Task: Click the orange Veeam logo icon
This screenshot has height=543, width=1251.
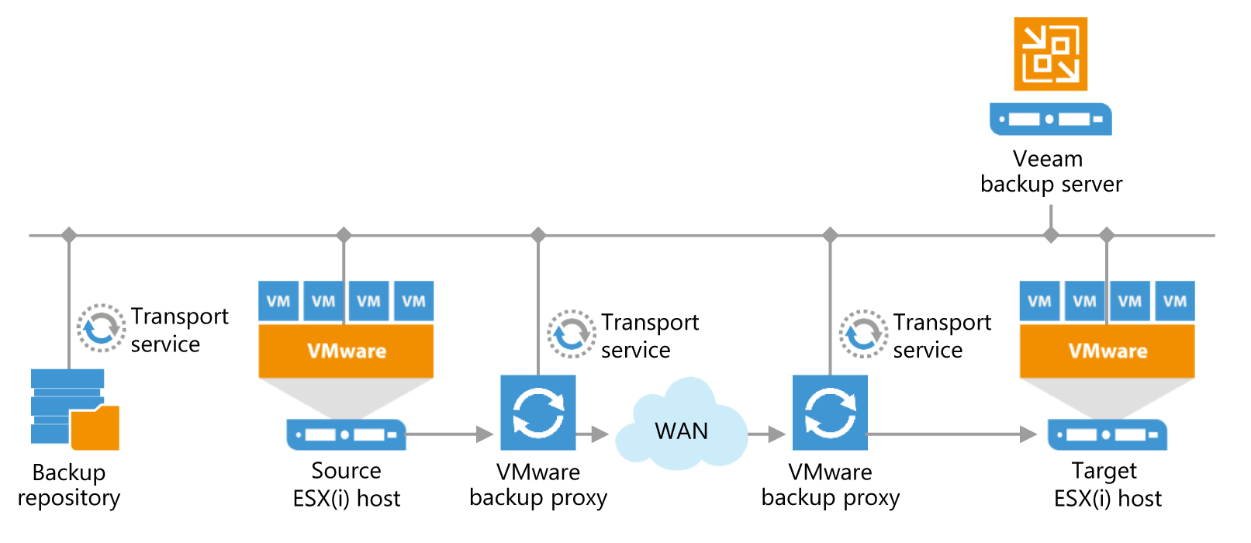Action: tap(1050, 54)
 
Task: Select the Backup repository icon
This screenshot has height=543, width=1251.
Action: tap(74, 409)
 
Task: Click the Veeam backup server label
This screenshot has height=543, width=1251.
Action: tap(1050, 171)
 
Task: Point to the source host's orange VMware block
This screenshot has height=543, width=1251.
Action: tap(346, 351)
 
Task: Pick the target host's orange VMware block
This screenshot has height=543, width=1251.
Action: tap(1107, 351)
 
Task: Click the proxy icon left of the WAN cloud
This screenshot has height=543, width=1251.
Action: tap(537, 413)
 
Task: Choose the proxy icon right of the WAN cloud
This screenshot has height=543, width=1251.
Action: tap(830, 413)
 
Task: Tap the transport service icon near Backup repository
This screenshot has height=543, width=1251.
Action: tap(101, 328)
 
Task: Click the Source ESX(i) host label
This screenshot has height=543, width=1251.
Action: tap(346, 484)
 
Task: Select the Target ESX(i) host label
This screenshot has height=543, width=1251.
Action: tap(1107, 484)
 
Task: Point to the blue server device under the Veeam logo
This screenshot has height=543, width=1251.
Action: tap(1050, 119)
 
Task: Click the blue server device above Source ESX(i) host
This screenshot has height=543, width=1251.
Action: tap(346, 434)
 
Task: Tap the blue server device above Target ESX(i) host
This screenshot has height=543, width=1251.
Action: tap(1107, 434)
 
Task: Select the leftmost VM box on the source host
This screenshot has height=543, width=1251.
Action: tap(278, 301)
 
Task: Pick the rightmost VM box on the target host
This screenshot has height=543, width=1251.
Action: tap(1175, 301)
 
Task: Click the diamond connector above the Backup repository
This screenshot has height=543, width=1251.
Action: tap(69, 235)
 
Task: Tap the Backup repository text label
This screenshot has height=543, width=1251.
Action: tap(69, 485)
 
